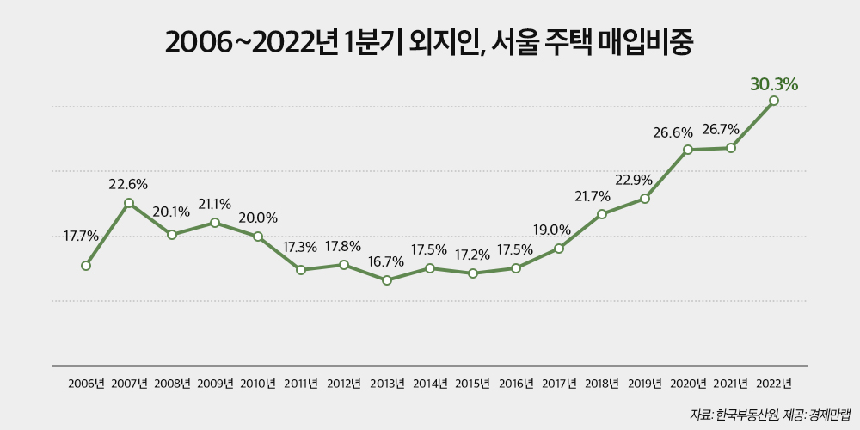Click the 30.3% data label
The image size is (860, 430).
point(774,84)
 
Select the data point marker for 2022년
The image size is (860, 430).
point(774,101)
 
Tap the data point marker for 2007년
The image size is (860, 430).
point(129,203)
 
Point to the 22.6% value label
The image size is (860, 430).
point(128,184)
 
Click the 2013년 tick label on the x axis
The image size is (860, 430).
point(387,384)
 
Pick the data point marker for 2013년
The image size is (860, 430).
point(387,280)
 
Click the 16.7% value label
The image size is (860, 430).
point(386,261)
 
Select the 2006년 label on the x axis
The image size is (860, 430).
point(86,384)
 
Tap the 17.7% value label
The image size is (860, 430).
point(82,236)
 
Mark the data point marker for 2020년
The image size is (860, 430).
point(688,150)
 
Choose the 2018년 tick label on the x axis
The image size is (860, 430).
point(602,384)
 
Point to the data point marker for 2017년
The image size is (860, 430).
point(559,249)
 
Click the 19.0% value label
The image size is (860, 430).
point(554,230)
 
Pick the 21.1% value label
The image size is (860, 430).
point(215,204)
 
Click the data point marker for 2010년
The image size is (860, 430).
point(258,236)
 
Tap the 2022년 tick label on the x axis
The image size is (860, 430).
point(774,384)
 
